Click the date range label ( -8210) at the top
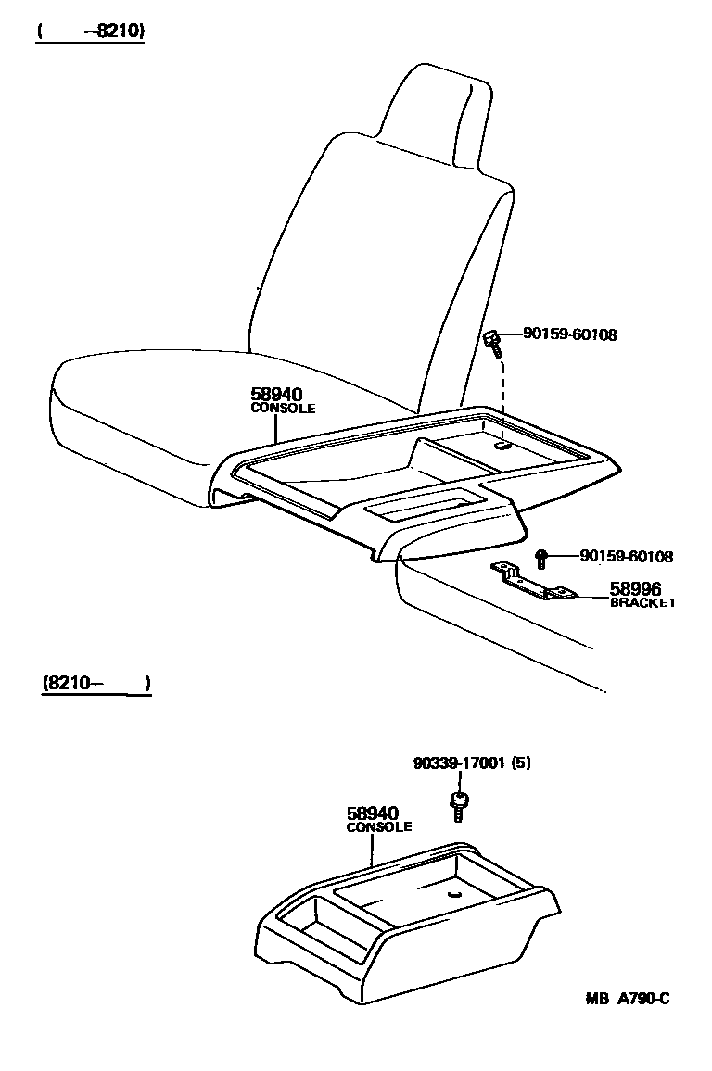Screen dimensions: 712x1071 point(91,31)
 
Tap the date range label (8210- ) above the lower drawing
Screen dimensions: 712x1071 point(95,684)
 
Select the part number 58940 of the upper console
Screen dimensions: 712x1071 point(276,394)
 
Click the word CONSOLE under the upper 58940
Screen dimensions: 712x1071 point(284,408)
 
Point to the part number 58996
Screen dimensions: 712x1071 point(636,588)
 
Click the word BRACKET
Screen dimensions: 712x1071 point(642,602)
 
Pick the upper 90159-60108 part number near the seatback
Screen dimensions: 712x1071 point(569,334)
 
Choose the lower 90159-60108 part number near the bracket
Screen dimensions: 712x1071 point(626,556)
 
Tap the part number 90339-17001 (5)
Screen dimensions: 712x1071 point(473,763)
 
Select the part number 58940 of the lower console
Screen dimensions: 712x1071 point(372,813)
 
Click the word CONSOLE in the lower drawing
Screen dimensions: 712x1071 point(379,827)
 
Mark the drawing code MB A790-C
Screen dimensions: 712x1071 point(627,998)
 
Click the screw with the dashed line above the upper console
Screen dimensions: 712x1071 point(493,343)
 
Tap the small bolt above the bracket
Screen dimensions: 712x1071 point(542,557)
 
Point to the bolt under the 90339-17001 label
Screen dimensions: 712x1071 point(457,804)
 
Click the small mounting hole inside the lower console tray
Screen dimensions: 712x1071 point(454,894)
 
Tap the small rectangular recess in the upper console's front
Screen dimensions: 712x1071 point(422,505)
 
